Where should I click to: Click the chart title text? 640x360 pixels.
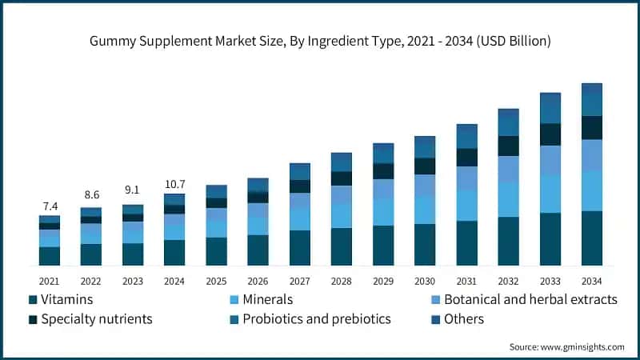[x=320, y=39]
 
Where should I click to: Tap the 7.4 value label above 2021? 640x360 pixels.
[x=50, y=206]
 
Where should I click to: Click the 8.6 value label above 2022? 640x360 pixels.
[x=91, y=194]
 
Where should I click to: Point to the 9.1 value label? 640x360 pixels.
[x=133, y=190]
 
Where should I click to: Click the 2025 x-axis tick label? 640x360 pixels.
[x=216, y=281]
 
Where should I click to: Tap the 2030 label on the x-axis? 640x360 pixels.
[x=425, y=281]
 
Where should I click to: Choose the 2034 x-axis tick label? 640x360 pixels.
[x=592, y=281]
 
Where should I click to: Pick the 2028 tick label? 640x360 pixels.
[x=342, y=281]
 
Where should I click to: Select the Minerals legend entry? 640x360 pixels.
[x=261, y=300]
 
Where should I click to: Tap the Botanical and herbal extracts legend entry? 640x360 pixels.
[x=522, y=300]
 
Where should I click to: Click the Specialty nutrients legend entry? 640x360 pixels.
[x=90, y=319]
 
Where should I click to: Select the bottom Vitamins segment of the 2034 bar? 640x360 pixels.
[x=592, y=238]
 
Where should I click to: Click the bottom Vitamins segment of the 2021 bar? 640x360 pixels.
[x=50, y=256]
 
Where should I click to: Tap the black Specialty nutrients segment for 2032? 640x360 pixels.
[x=509, y=146]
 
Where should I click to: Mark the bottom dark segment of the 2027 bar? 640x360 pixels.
[x=300, y=248]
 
